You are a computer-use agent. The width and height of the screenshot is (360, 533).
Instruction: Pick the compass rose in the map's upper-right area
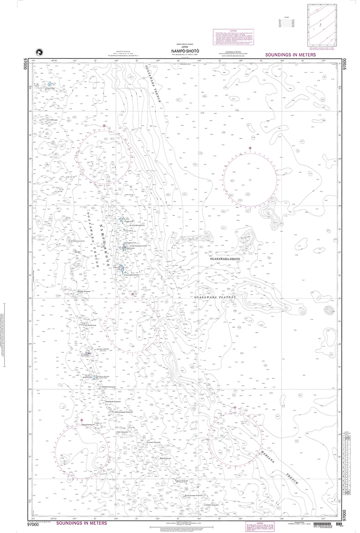point(250,180)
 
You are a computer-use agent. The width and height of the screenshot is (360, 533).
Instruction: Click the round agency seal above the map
point(37,51)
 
